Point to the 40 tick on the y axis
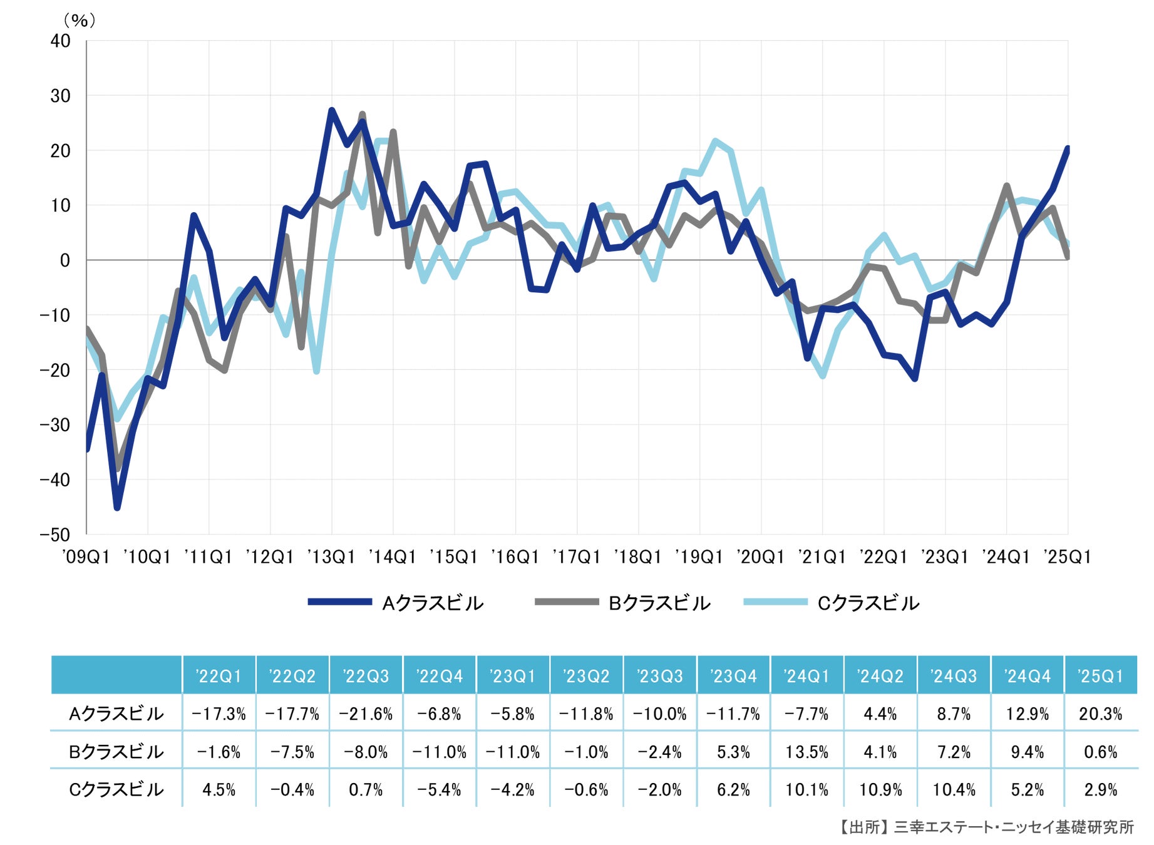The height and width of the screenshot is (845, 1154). click(x=61, y=41)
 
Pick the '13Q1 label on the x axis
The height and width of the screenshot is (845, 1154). click(x=331, y=557)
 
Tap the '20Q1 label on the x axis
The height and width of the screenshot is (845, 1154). click(x=761, y=557)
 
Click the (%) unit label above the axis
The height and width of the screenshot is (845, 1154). click(x=80, y=21)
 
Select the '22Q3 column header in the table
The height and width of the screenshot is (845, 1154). click(x=366, y=676)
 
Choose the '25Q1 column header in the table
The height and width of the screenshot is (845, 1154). click(x=1100, y=676)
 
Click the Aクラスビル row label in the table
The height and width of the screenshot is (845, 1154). click(x=116, y=714)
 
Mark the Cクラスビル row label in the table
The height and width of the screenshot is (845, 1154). click(x=116, y=790)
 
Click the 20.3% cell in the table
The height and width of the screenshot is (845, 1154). click(x=1100, y=714)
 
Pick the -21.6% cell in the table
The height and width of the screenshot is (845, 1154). click(x=366, y=714)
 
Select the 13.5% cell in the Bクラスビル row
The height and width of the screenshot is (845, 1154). click(x=806, y=752)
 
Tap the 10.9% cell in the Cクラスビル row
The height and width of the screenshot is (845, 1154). click(x=880, y=790)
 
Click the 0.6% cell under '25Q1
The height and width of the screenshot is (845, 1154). click(x=1100, y=752)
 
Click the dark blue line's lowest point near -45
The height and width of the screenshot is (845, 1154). click(x=117, y=508)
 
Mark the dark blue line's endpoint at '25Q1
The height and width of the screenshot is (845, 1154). click(x=1067, y=149)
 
